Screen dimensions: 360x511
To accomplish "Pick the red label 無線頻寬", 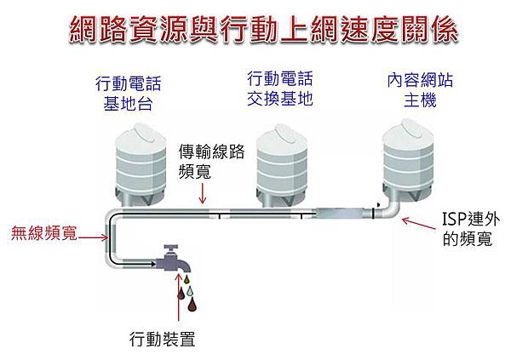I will click(42, 231).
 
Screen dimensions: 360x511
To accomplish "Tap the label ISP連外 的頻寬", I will click(468, 227).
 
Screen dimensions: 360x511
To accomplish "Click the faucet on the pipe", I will click(175, 259).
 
